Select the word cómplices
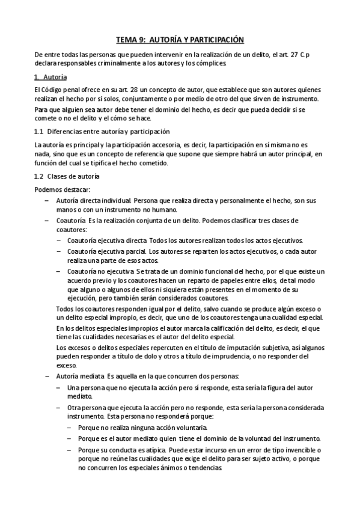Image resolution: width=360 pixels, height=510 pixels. pos(208,63)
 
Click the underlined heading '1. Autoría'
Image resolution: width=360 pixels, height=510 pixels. pos(51,78)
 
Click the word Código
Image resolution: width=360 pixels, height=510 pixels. pos(51,90)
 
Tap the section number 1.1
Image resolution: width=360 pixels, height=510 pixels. pos(39,132)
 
